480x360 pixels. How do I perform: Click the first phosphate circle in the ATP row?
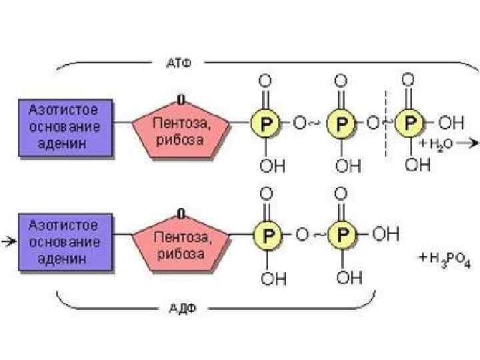click(x=264, y=123)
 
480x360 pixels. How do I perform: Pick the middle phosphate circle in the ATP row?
click(x=341, y=123)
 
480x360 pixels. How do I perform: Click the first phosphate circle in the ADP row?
click(x=267, y=235)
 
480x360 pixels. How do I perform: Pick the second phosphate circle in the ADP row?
click(x=341, y=235)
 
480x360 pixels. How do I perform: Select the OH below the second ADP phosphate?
click(x=347, y=278)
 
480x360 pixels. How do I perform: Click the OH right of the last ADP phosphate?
click(x=387, y=235)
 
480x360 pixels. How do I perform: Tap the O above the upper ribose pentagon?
click(x=180, y=99)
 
